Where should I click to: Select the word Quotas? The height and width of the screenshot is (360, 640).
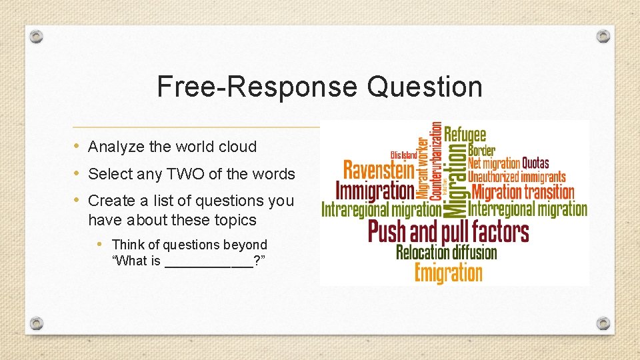(535, 163)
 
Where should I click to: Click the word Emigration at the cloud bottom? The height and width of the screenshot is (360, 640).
(448, 273)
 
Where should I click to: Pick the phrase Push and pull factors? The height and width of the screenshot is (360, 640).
(448, 232)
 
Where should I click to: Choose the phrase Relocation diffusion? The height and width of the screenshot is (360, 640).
(447, 253)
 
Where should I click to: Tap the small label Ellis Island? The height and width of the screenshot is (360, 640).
(404, 155)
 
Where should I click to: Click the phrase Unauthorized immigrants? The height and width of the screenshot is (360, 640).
(517, 177)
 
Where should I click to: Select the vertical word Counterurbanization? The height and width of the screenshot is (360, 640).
(436, 160)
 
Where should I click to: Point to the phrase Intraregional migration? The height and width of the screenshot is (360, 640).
(381, 210)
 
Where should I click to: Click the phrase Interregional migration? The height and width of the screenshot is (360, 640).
(527, 209)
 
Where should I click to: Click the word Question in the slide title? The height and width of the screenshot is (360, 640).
(425, 87)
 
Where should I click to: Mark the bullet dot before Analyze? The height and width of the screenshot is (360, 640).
(77, 146)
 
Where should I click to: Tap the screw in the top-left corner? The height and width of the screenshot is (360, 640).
(37, 36)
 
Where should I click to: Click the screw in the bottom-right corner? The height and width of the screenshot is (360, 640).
(603, 323)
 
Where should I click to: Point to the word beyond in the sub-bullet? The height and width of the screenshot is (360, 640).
(245, 245)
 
